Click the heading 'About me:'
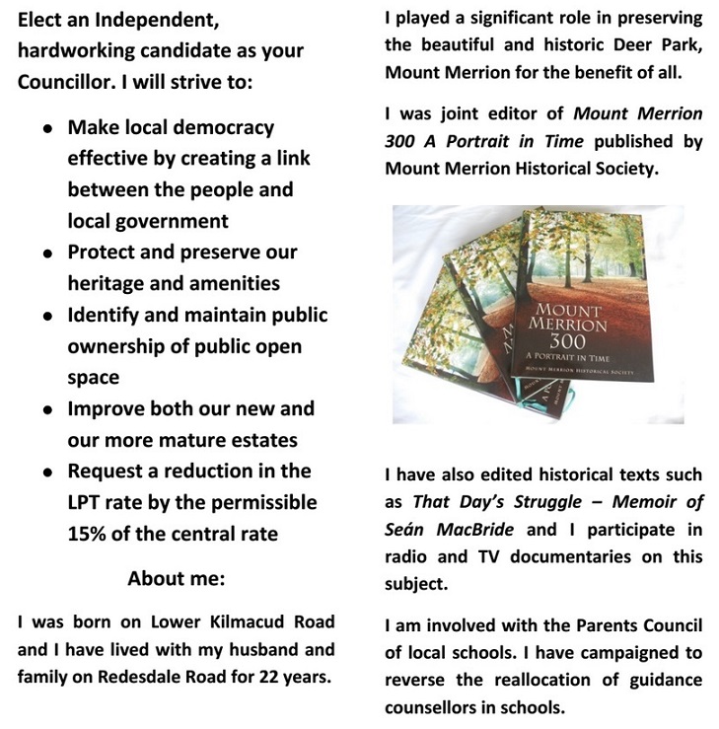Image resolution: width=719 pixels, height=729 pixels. point(177,577)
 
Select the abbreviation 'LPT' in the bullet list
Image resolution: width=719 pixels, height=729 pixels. point(89,501)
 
